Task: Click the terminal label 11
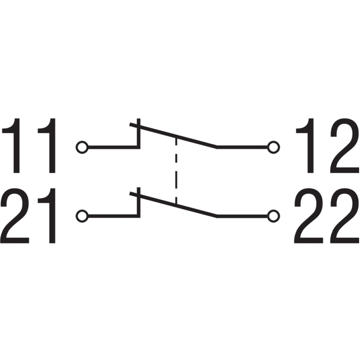point(29,145)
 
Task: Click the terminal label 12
point(328,145)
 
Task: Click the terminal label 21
point(28,216)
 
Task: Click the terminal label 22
point(327,216)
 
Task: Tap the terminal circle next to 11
point(82,147)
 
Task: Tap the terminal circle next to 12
point(274,147)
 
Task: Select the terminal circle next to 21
point(82,216)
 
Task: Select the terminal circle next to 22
point(274,216)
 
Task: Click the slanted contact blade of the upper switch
point(173,136)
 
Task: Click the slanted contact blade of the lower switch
point(173,205)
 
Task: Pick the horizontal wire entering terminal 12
point(242,147)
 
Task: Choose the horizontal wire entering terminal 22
point(242,216)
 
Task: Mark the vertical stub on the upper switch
point(139,133)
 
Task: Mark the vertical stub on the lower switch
point(139,202)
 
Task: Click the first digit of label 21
point(15,216)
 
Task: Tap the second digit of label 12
point(345,145)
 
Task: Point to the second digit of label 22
point(345,216)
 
